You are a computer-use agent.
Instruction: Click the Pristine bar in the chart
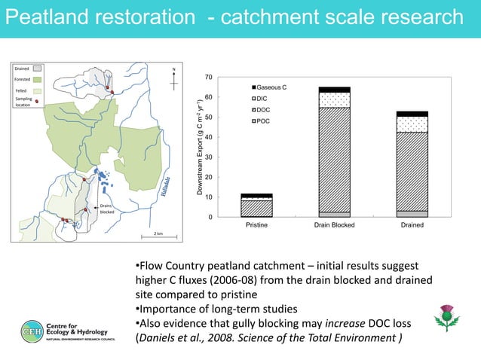coord(256,206)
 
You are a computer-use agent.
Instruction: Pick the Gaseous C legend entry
coord(269,87)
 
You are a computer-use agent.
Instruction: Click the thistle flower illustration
coord(447,320)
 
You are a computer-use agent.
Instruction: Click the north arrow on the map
coord(174,76)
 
